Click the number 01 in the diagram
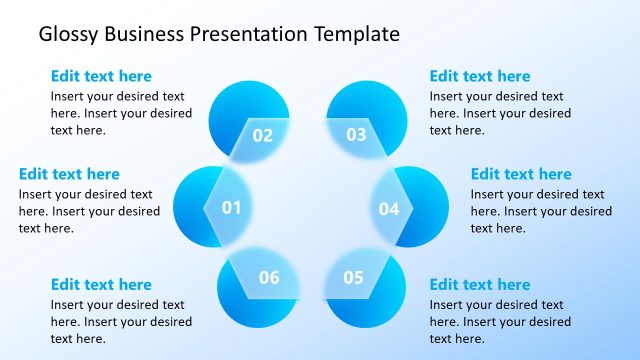click(231, 208)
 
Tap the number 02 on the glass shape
click(262, 135)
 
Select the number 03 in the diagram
click(356, 135)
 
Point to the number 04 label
click(388, 209)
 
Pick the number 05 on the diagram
click(353, 278)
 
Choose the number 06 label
click(269, 278)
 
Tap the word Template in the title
click(356, 34)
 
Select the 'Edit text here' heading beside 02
click(101, 76)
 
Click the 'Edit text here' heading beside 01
click(69, 174)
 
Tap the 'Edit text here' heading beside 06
click(101, 285)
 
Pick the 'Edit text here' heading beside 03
click(480, 76)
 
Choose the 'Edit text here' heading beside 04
click(521, 174)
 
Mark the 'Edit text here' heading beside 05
click(480, 285)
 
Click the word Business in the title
click(143, 34)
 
